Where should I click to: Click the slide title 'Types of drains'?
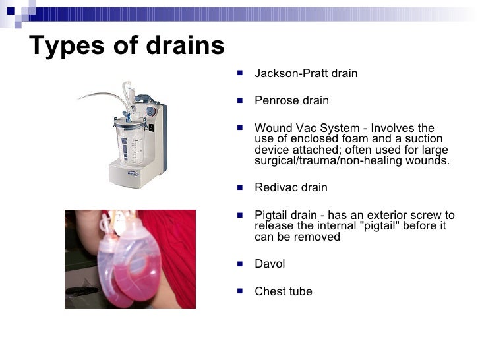[x=127, y=46]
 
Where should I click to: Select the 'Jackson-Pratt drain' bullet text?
[x=305, y=73]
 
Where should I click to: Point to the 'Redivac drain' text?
[x=290, y=187]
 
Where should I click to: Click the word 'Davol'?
[x=269, y=264]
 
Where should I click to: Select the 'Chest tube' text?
[x=283, y=291]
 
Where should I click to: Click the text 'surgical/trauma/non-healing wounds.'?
[x=351, y=160]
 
